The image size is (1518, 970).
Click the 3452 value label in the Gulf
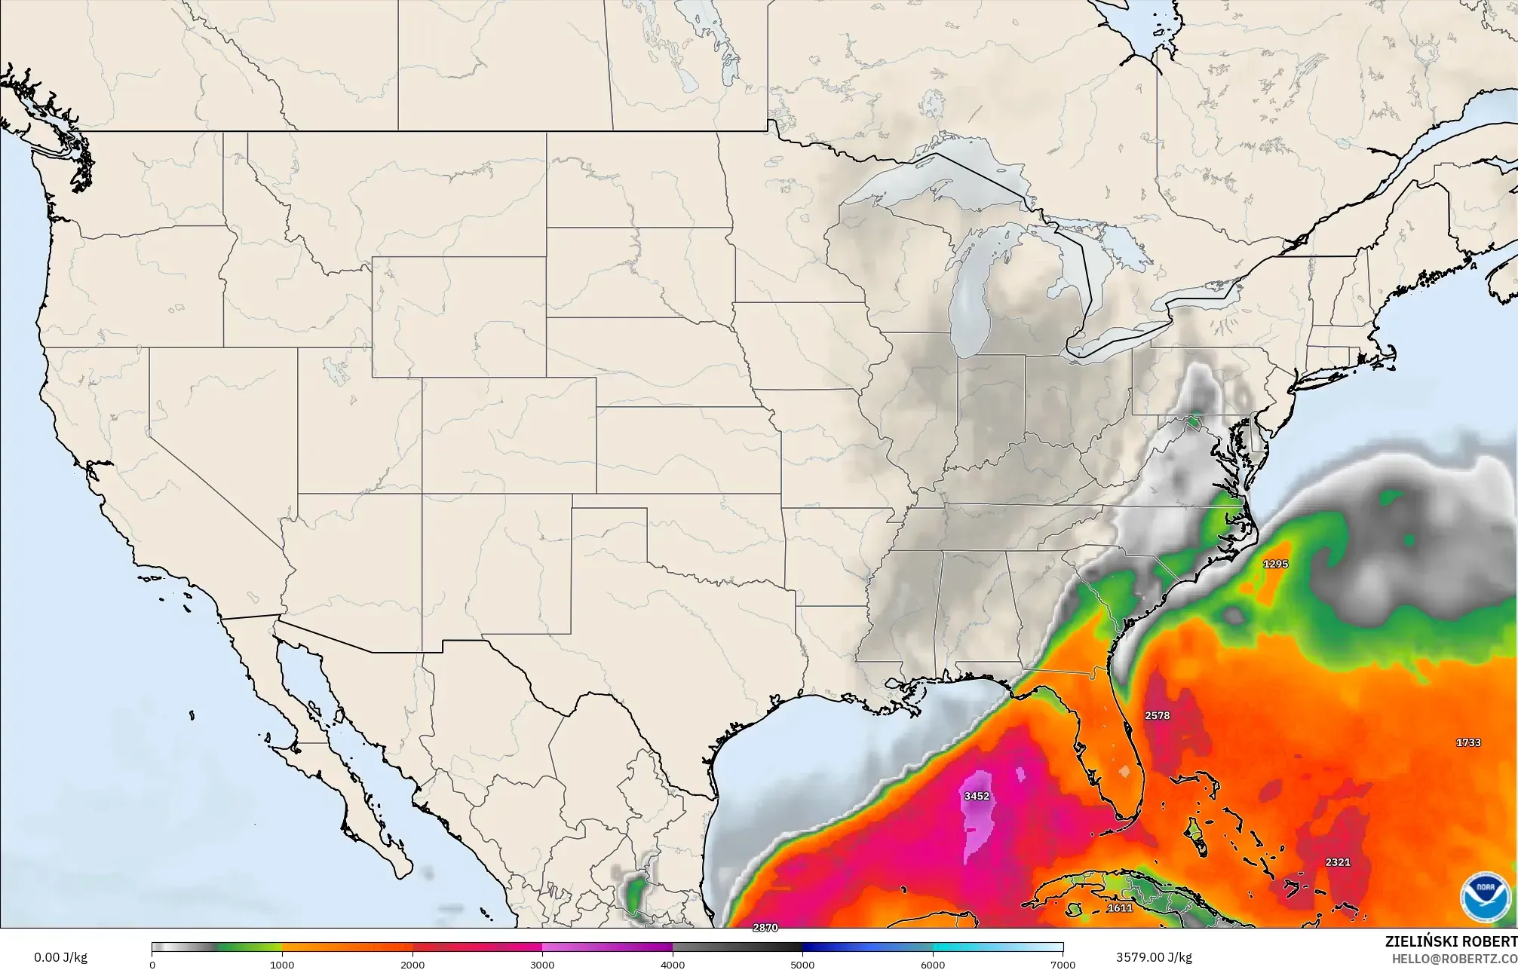pos(977,796)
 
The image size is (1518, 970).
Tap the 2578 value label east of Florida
pos(1157,715)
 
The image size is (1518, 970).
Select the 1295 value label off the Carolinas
pos(1275,564)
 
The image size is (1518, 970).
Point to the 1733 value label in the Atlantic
pos(1468,742)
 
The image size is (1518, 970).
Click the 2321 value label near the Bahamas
pos(1338,862)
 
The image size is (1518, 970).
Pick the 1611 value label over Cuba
pos(1120,908)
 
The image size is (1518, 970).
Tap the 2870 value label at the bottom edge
pos(765,928)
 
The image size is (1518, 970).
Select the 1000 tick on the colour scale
pos(282,964)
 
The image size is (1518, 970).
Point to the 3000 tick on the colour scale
pos(542,964)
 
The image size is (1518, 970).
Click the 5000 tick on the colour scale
pos(802,964)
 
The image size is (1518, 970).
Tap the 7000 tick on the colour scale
pos(1063,964)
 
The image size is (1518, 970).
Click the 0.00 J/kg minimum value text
pos(60,957)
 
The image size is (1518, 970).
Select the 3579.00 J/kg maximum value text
pos(1154,957)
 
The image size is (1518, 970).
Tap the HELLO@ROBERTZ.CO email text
pos(1454,958)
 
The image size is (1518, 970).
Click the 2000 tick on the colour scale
pos(412,964)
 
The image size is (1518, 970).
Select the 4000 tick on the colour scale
pos(673,964)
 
